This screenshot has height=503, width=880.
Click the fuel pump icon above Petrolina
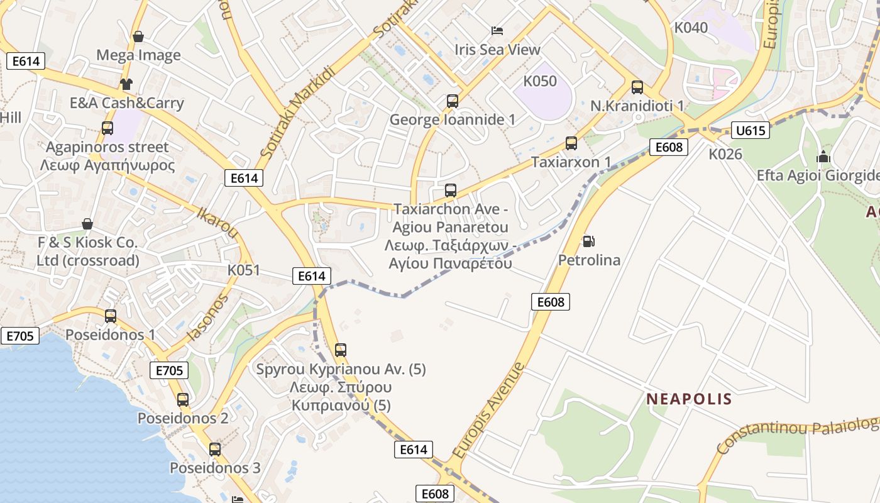click(x=588, y=241)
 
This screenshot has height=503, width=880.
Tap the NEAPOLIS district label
click(x=689, y=399)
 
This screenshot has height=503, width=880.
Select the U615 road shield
click(x=751, y=131)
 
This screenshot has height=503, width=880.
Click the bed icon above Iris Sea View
click(x=497, y=30)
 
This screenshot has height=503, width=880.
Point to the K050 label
click(x=540, y=81)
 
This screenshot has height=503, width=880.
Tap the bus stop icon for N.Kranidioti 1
click(x=637, y=87)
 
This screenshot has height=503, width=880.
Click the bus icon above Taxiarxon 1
click(x=571, y=143)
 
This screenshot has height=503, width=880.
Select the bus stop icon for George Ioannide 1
click(x=452, y=101)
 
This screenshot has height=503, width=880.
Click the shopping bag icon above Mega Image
click(x=138, y=36)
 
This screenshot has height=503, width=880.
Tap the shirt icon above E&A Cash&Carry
click(x=126, y=84)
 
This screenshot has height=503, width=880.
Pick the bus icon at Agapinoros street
click(x=107, y=128)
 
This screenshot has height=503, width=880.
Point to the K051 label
click(x=243, y=270)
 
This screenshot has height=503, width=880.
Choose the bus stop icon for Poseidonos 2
click(x=182, y=399)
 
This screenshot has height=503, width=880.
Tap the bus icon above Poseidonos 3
click(x=214, y=449)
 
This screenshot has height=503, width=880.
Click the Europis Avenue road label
click(x=488, y=410)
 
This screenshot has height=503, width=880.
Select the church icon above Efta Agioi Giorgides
click(x=823, y=157)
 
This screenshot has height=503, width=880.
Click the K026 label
click(x=725, y=154)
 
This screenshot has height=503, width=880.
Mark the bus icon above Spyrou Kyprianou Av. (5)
click(x=340, y=350)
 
